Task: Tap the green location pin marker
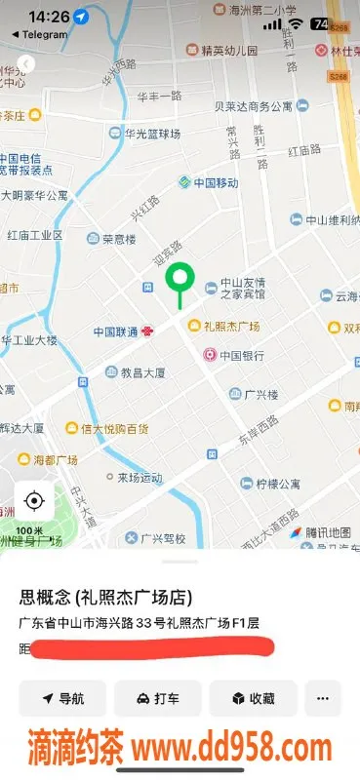(x=179, y=280)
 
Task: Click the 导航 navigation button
(x=62, y=698)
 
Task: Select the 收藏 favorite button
(x=253, y=698)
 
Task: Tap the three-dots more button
(x=323, y=698)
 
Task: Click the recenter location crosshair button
(x=34, y=501)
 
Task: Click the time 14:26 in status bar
(x=49, y=18)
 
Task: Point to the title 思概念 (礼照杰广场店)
(x=105, y=597)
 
